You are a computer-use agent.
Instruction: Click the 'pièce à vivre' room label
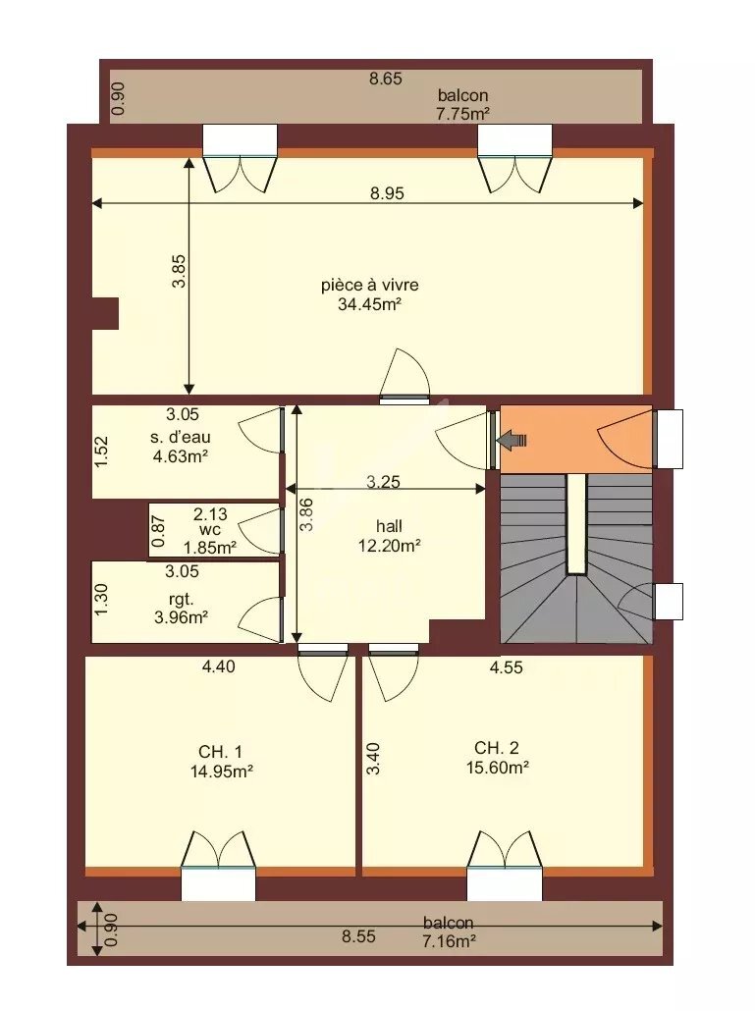pos(369,285)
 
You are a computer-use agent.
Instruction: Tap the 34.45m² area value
pos(369,304)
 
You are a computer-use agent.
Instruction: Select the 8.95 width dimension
pos(387,192)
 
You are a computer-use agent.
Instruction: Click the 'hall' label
pos(390,526)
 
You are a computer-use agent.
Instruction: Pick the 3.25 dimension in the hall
pos(384,482)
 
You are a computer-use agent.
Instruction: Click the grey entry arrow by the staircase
pos(512,441)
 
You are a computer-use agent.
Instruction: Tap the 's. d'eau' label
pos(181,437)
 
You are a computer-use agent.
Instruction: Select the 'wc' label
pos(210,530)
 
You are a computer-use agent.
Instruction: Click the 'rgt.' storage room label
pos(182,600)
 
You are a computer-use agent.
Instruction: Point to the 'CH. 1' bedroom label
pos(221,752)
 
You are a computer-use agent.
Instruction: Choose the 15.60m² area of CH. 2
pos(497,768)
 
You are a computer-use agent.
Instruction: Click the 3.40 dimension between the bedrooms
pos(374,759)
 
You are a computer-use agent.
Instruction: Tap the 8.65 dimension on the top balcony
pos(386,79)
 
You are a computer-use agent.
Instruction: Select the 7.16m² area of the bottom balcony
pos(450,941)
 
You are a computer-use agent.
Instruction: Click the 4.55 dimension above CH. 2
pos(507,667)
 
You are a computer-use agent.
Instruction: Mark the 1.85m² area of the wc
pos(209,548)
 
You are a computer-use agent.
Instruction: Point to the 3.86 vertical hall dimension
pos(307,514)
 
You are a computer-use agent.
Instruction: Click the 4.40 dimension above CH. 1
pos(219,666)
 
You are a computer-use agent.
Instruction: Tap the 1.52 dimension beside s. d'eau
pos(101,452)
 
